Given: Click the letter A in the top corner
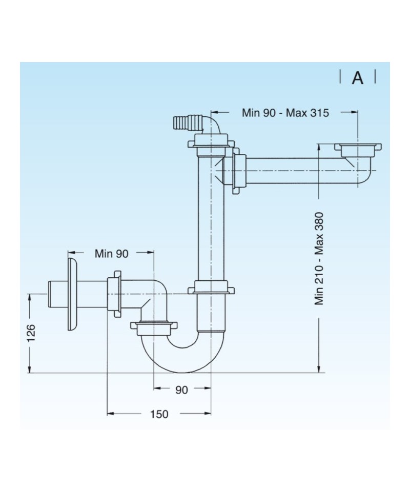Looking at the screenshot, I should (357, 78).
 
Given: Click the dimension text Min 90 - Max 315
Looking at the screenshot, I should (285, 113).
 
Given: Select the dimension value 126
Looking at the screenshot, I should (31, 333).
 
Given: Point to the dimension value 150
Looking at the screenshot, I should (159, 414).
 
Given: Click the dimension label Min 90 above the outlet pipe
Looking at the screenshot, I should (111, 253).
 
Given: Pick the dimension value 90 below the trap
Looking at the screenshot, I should (181, 390).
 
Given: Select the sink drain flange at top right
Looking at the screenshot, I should (358, 148).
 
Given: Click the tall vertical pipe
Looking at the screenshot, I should (211, 220).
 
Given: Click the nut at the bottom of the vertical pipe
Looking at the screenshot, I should (211, 288).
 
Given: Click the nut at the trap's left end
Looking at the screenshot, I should (153, 327).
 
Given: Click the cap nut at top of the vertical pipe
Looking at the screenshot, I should (211, 142).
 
